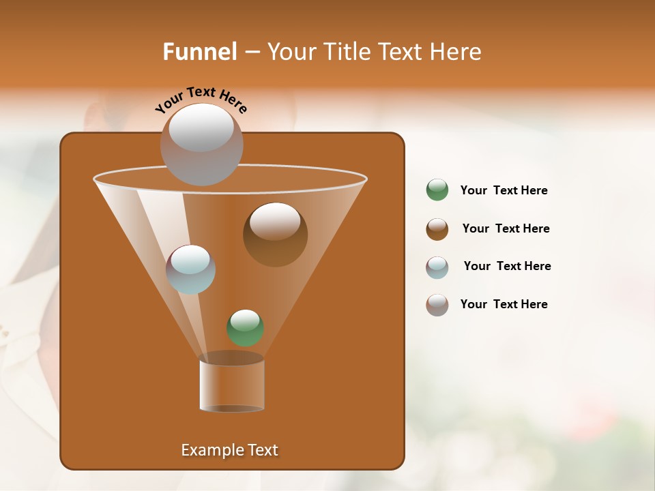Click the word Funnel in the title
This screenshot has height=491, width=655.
pos(199,52)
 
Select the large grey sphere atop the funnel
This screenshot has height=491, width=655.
pos(201,144)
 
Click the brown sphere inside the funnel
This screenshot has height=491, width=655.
pos(275,235)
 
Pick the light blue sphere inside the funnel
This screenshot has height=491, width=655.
pos(190,269)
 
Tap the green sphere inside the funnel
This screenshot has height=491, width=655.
pos(245,327)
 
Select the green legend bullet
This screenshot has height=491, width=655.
pos(437,190)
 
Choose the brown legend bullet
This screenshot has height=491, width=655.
pos(437,229)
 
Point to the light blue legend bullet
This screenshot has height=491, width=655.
pos(437,267)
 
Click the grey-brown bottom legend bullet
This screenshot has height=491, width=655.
pos(437,305)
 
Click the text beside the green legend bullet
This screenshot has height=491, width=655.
pos(504,190)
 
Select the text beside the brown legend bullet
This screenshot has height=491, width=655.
pos(506,228)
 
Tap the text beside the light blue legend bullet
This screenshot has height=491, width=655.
pos(507,266)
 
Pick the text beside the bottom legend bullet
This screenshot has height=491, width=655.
pos(504,304)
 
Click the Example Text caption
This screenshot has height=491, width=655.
pos(229,450)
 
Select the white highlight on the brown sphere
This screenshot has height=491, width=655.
pos(275,221)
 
